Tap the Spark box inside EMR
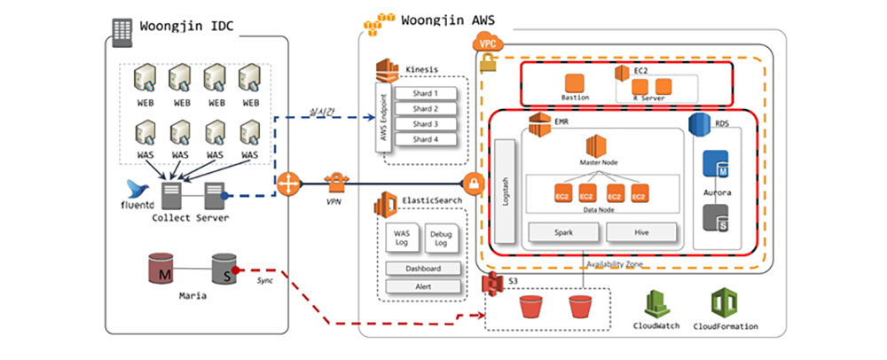(x=563, y=232)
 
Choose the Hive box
(x=641, y=232)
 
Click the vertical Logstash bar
(x=506, y=190)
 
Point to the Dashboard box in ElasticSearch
(x=423, y=269)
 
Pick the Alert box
(x=423, y=286)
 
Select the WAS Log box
(x=401, y=238)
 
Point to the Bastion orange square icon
(x=576, y=82)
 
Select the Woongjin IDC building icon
(x=120, y=27)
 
